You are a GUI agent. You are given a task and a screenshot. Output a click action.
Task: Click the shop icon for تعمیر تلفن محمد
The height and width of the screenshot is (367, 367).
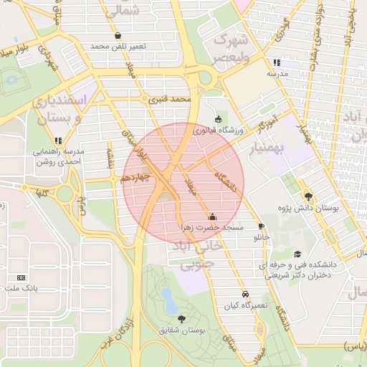click(118, 35)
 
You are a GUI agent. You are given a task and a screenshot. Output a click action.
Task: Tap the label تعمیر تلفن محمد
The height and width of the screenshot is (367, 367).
click(118, 47)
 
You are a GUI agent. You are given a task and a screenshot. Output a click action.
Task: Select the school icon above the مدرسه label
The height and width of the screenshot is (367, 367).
click(277, 63)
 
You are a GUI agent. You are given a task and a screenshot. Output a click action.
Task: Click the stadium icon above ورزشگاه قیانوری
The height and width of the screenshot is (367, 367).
click(218, 119)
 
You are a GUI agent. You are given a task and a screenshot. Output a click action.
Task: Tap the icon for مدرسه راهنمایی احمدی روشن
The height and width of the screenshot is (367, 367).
click(57, 140)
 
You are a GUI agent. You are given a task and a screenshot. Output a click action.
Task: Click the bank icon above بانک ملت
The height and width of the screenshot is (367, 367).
click(21, 277)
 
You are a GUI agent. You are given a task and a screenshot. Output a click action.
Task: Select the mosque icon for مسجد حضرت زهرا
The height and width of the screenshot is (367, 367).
click(211, 216)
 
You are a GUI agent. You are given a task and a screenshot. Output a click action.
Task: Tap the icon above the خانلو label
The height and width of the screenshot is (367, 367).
click(261, 226)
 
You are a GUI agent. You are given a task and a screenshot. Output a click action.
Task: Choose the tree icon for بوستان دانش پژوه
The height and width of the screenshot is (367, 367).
click(308, 196)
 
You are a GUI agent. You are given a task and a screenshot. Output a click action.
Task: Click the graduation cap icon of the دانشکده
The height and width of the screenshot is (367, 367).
click(297, 254)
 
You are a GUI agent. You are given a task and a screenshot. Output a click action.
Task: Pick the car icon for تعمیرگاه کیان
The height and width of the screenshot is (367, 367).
click(245, 294)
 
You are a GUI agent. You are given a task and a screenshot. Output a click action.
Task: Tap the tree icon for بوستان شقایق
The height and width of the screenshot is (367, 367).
click(180, 319)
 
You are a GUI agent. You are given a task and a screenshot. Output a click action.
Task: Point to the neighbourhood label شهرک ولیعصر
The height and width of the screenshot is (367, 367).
click(230, 47)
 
